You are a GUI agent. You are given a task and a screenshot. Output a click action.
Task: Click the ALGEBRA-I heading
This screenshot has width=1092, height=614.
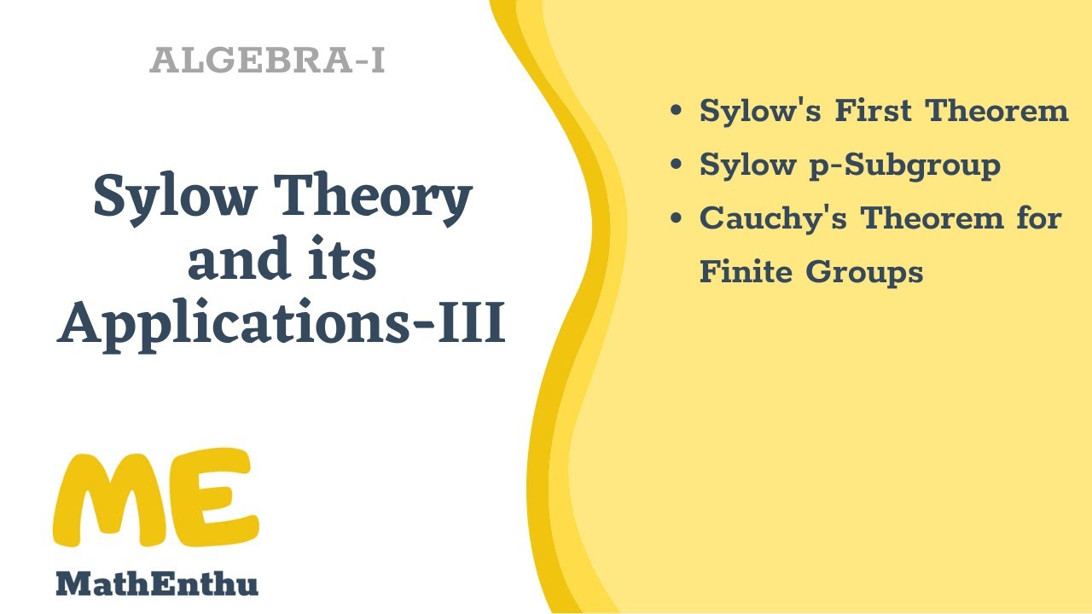pos(267,61)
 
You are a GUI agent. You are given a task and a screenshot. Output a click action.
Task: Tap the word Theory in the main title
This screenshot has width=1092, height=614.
pos(377,198)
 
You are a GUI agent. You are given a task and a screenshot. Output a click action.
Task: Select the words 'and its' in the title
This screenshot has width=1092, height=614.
pos(282,262)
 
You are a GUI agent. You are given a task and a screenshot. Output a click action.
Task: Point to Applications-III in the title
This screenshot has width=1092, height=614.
pos(282,325)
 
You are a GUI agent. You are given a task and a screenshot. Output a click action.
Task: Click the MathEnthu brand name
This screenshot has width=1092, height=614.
pos(156,584)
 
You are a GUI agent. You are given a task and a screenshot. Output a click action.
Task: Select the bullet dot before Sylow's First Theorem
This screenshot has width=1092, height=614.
pos(677,111)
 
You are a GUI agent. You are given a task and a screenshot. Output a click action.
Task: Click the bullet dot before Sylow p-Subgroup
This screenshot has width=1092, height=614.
pos(677,165)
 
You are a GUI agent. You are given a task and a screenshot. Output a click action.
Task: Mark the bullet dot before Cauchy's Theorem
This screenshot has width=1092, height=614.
pos(677,218)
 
